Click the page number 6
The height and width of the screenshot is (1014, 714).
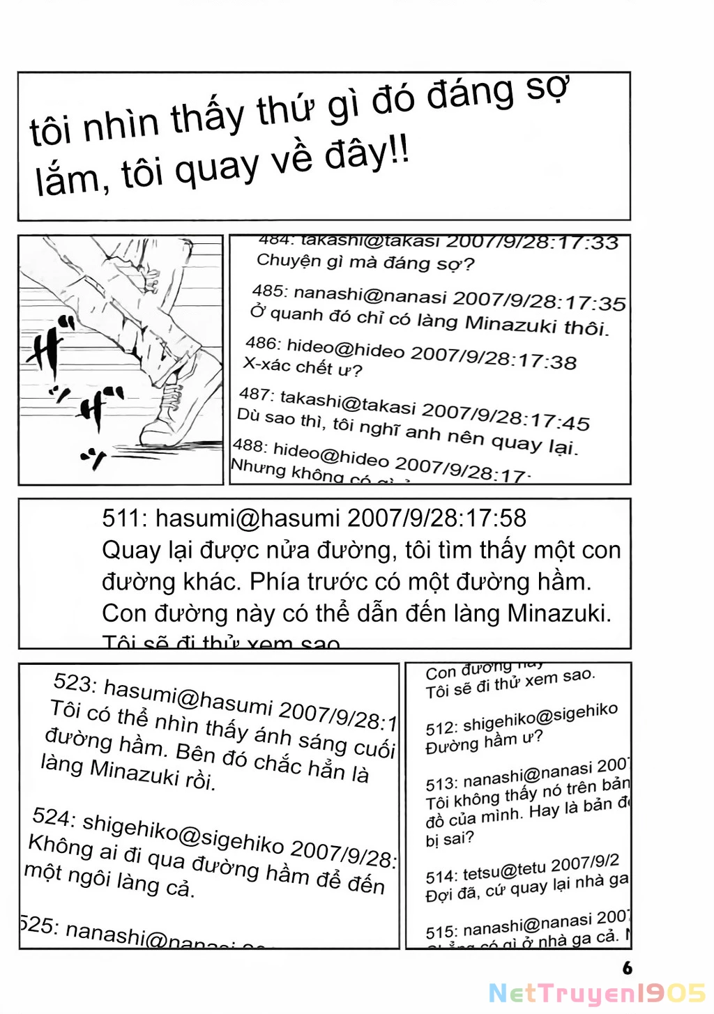click(627, 967)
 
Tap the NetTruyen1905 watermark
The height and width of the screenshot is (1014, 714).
click(597, 993)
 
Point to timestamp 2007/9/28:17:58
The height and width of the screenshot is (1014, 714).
click(436, 518)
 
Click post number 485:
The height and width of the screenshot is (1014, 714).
click(269, 290)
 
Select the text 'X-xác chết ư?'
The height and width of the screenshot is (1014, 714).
click(303, 366)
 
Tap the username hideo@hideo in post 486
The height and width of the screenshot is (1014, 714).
click(346, 348)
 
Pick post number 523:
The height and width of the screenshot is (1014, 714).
click(75, 682)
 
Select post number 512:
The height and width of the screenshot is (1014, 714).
click(441, 728)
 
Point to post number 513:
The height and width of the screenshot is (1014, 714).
click(441, 783)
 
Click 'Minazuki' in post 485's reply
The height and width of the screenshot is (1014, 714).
click(510, 324)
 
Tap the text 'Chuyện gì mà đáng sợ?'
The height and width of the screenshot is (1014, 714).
click(365, 263)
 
